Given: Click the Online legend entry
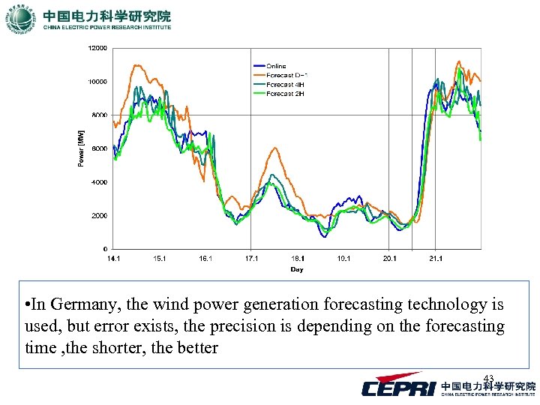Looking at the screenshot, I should coord(276,67).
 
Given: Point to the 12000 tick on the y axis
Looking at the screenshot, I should coord(97,48).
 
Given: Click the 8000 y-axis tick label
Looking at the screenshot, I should coord(100,115).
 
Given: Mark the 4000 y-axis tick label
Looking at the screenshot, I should coord(100,182).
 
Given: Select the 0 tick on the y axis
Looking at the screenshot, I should coord(106,249).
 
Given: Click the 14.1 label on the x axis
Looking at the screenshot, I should coord(113,259).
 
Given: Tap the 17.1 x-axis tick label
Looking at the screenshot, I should coord(251,259).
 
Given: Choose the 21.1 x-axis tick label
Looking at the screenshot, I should coord(435,259).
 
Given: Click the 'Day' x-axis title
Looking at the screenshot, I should coord(297,269).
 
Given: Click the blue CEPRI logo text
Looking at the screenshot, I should coord(397,387).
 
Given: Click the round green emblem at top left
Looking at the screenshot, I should coord(20,19).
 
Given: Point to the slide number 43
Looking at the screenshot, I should coord(488,377).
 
